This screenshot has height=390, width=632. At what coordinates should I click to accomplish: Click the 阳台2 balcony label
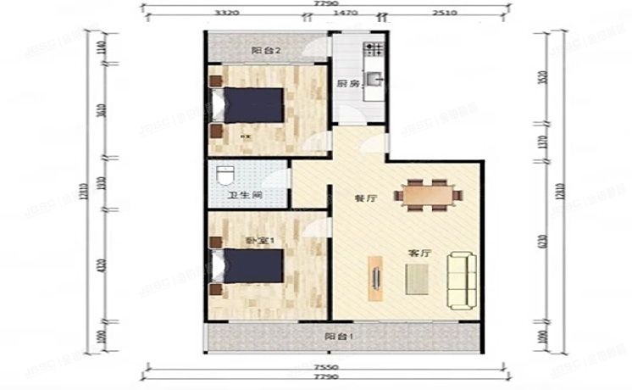coord(261,50)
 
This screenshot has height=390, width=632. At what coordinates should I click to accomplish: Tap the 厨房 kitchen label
coord(347,84)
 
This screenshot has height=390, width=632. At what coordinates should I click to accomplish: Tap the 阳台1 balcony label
coord(339,336)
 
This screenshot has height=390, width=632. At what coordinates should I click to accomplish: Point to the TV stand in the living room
coord(373,278)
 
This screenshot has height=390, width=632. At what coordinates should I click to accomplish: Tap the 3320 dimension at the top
coord(225,14)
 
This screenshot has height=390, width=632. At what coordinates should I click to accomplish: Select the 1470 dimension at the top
coord(344,14)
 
